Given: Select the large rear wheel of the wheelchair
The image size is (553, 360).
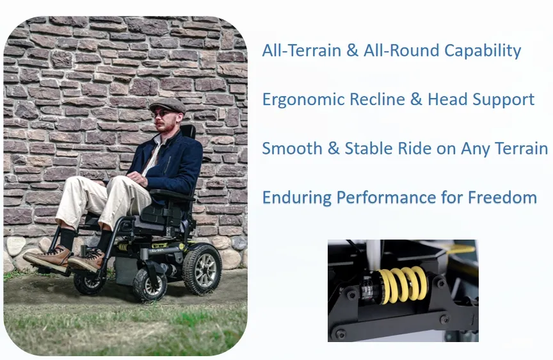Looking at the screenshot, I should [202, 269].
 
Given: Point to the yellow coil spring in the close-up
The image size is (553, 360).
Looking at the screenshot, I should [404, 285].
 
